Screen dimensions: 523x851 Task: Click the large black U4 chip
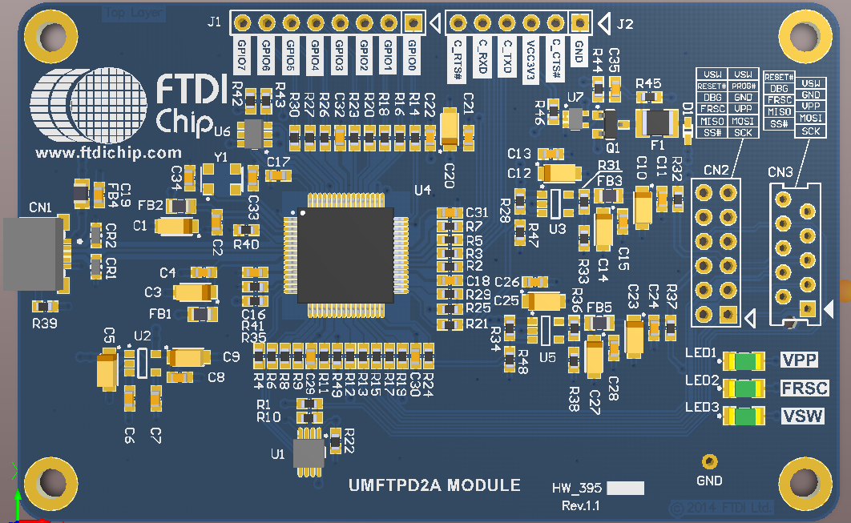pyautogui.click(x=345, y=255)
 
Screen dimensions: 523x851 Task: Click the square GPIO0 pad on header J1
pyautogui.click(x=413, y=23)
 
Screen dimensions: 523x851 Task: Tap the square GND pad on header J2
pyautogui.click(x=579, y=23)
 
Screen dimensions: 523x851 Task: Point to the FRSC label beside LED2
pyautogui.click(x=804, y=388)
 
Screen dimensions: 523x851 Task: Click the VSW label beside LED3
pyautogui.click(x=803, y=416)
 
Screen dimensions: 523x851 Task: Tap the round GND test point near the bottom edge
pyautogui.click(x=708, y=461)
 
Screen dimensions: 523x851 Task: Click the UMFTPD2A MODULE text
pyautogui.click(x=434, y=485)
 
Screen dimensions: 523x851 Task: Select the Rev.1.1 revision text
pyautogui.click(x=580, y=506)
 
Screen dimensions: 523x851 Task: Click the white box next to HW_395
pyautogui.click(x=626, y=489)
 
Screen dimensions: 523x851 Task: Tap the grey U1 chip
pyautogui.click(x=307, y=453)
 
